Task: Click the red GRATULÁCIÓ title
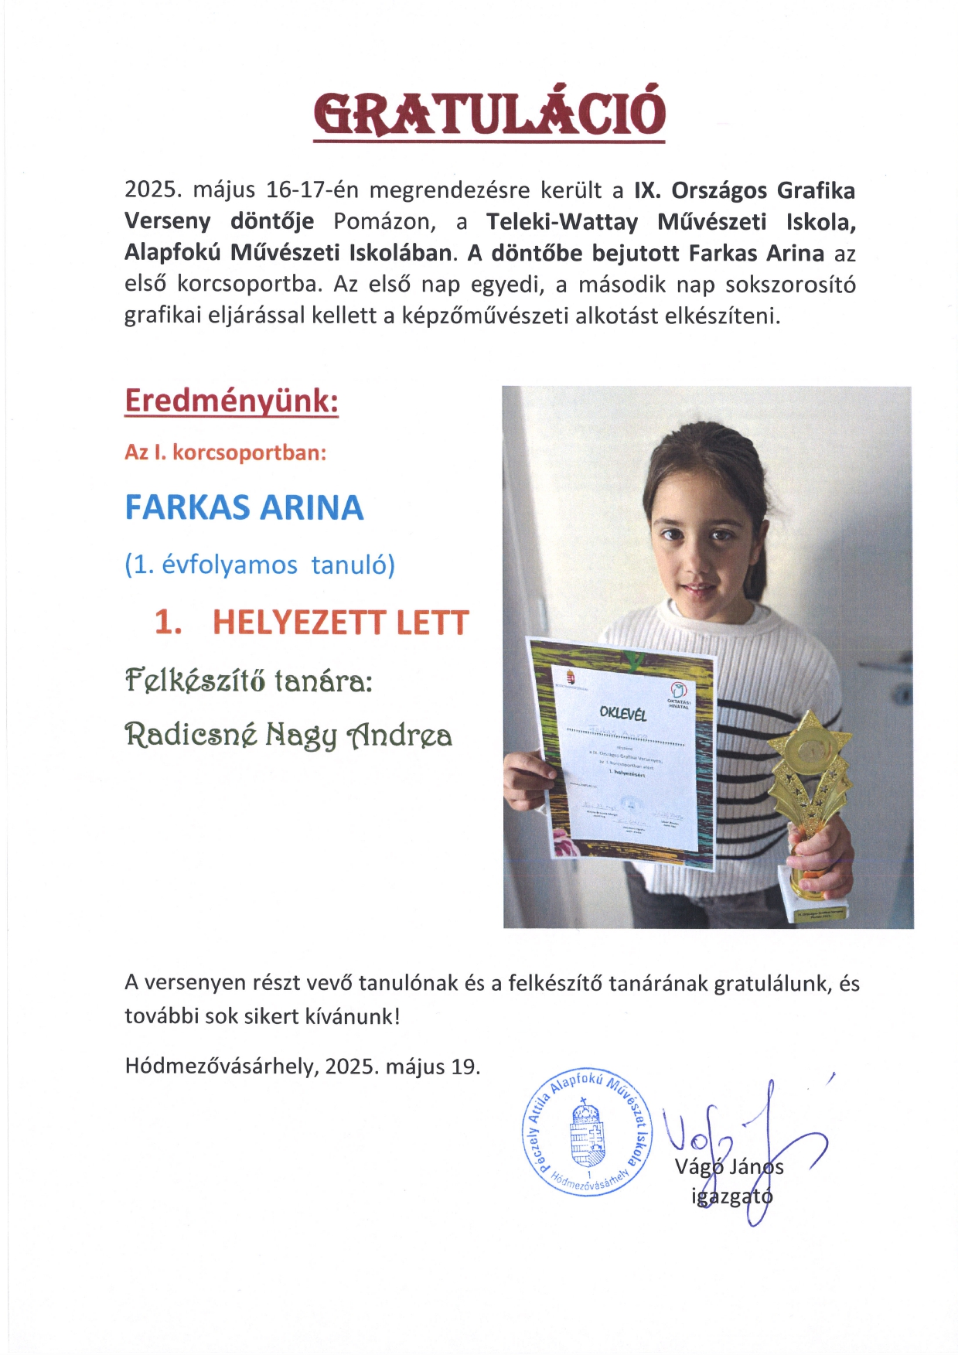pos(489,114)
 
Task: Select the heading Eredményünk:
pos(231,401)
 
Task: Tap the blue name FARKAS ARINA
pos(244,508)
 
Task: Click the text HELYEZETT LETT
pos(340,623)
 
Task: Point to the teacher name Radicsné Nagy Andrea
pos(288,735)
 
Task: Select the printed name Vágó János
pos(729,1166)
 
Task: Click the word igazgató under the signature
pos(731,1196)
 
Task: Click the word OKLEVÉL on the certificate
pos(622,712)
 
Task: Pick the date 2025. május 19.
pos(402,1067)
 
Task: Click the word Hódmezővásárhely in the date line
pos(220,1067)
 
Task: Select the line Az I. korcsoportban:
pos(225,452)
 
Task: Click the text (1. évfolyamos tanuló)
pos(260,565)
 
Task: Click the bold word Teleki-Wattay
pos(562,222)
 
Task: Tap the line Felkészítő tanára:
pos(249,681)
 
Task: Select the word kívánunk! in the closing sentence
pos(360,1016)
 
